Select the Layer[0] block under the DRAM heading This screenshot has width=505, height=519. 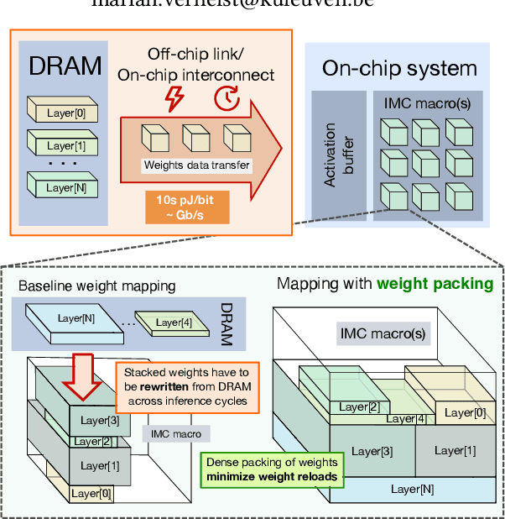(60, 111)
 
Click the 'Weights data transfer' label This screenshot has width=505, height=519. (197, 165)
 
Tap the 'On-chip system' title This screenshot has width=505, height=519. (399, 68)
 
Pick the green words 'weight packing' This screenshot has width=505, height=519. (435, 284)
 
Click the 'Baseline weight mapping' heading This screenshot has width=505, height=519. (96, 286)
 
